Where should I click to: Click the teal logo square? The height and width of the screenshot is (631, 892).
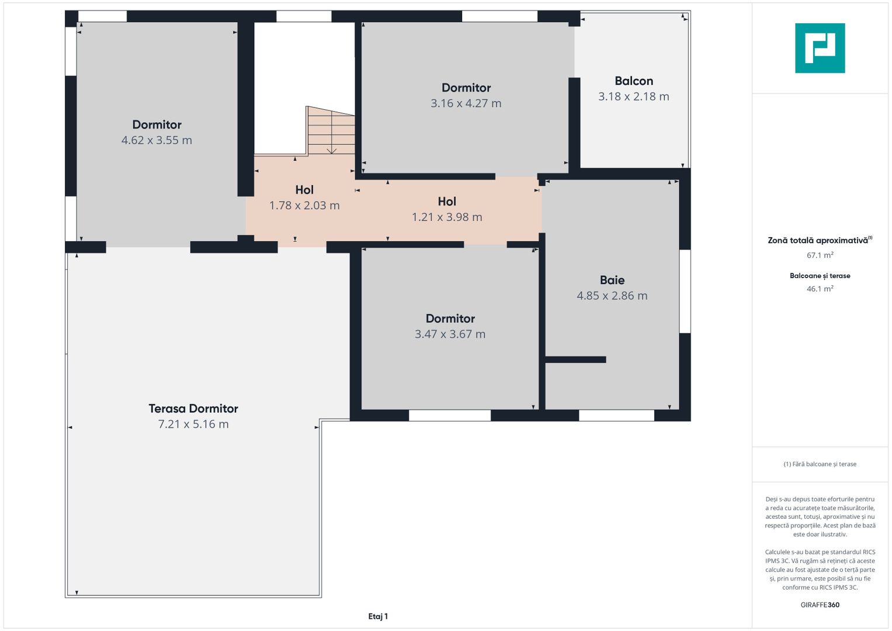click(820, 48)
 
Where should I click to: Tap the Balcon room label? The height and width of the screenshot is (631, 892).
click(634, 81)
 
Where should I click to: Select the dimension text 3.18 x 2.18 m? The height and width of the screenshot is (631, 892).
click(634, 96)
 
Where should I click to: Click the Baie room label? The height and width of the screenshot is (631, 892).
click(612, 280)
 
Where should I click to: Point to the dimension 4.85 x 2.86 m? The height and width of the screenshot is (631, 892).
click(612, 296)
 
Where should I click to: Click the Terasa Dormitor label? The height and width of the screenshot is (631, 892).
click(193, 408)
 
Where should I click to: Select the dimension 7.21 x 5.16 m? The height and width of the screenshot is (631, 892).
click(193, 424)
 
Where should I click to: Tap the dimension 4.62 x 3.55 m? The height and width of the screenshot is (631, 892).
click(157, 140)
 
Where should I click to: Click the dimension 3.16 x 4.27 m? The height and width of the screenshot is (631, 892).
click(466, 103)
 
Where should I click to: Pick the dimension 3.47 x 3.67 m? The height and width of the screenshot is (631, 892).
click(450, 334)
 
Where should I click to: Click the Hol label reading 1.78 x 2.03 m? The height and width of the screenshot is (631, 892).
click(304, 190)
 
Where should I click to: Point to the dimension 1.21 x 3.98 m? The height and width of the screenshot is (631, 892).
click(447, 217)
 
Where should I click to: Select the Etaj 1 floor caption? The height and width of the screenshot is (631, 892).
click(378, 616)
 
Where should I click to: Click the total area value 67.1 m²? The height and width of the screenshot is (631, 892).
click(820, 255)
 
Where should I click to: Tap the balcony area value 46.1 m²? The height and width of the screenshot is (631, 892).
click(820, 289)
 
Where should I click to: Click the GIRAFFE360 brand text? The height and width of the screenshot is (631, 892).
click(820, 605)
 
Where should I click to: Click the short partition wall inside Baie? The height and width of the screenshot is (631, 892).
click(575, 360)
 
